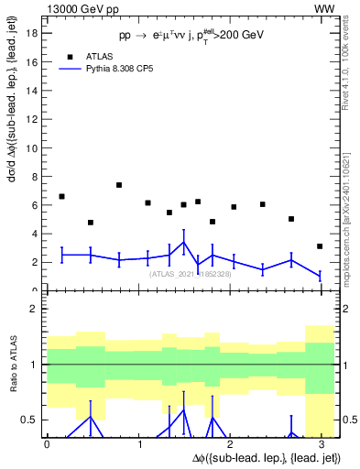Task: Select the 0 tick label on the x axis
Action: tap(47, 444)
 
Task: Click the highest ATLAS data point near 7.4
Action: tap(119, 185)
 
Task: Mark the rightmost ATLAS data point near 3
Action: tap(320, 246)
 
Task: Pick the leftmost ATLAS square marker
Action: tap(61, 196)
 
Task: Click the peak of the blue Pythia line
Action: tap(184, 243)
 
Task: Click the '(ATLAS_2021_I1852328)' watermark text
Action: tap(190, 274)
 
